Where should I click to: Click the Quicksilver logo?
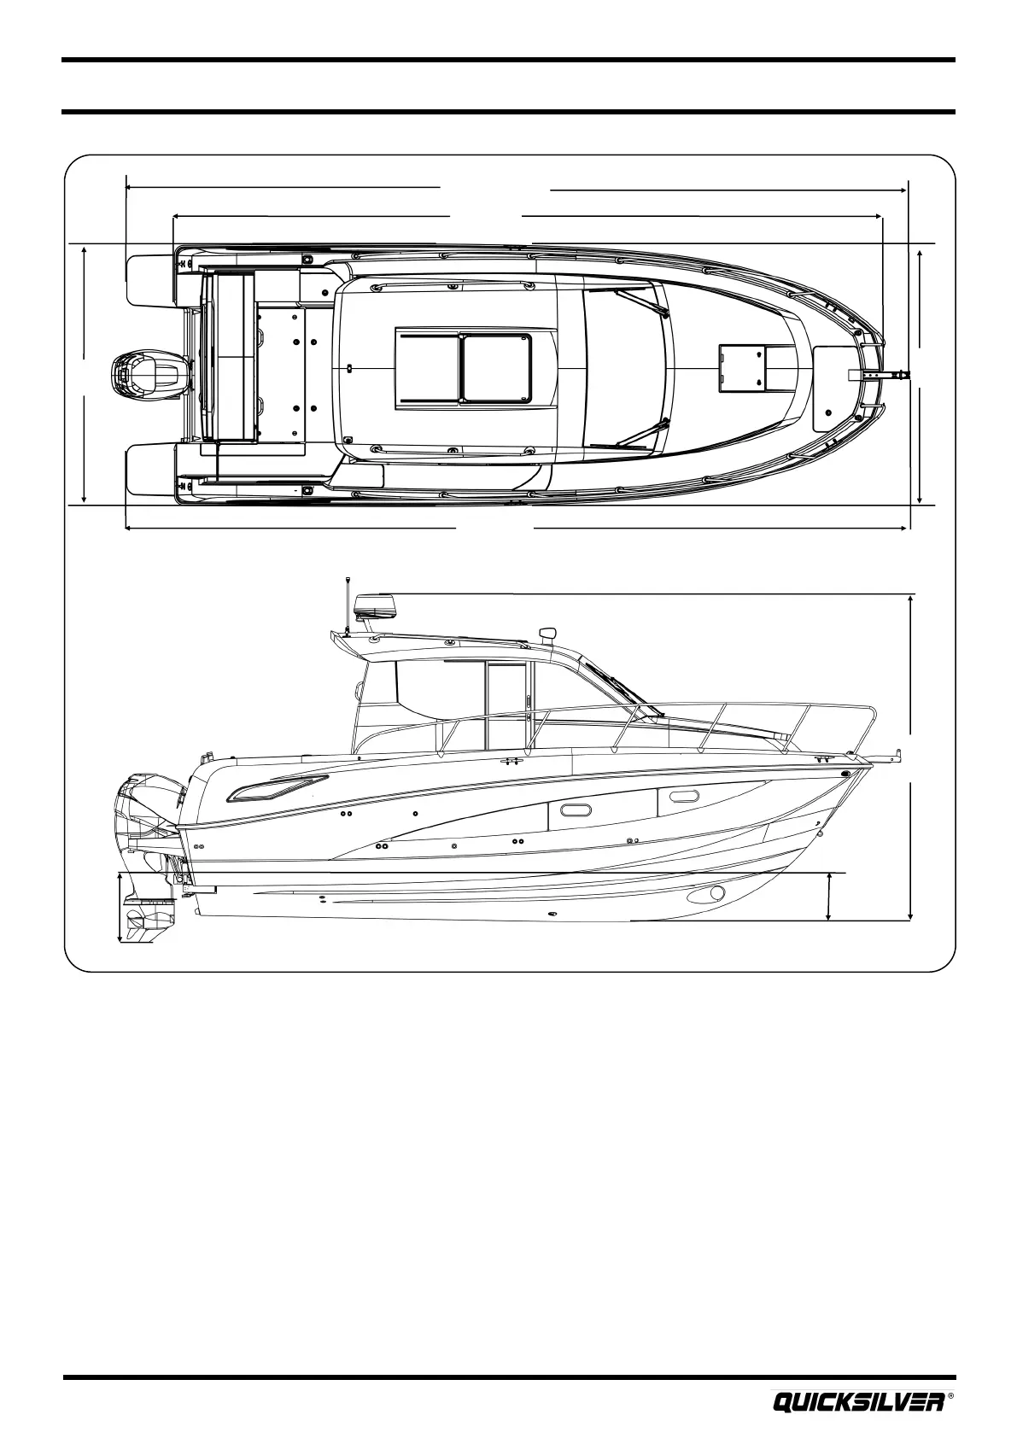click(x=857, y=1402)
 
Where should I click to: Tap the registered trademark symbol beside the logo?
click(x=950, y=1398)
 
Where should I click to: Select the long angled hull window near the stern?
click(x=278, y=790)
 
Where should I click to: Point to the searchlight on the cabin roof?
click(x=547, y=634)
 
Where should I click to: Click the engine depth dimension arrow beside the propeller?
click(x=120, y=908)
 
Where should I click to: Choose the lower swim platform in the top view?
click(x=150, y=469)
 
